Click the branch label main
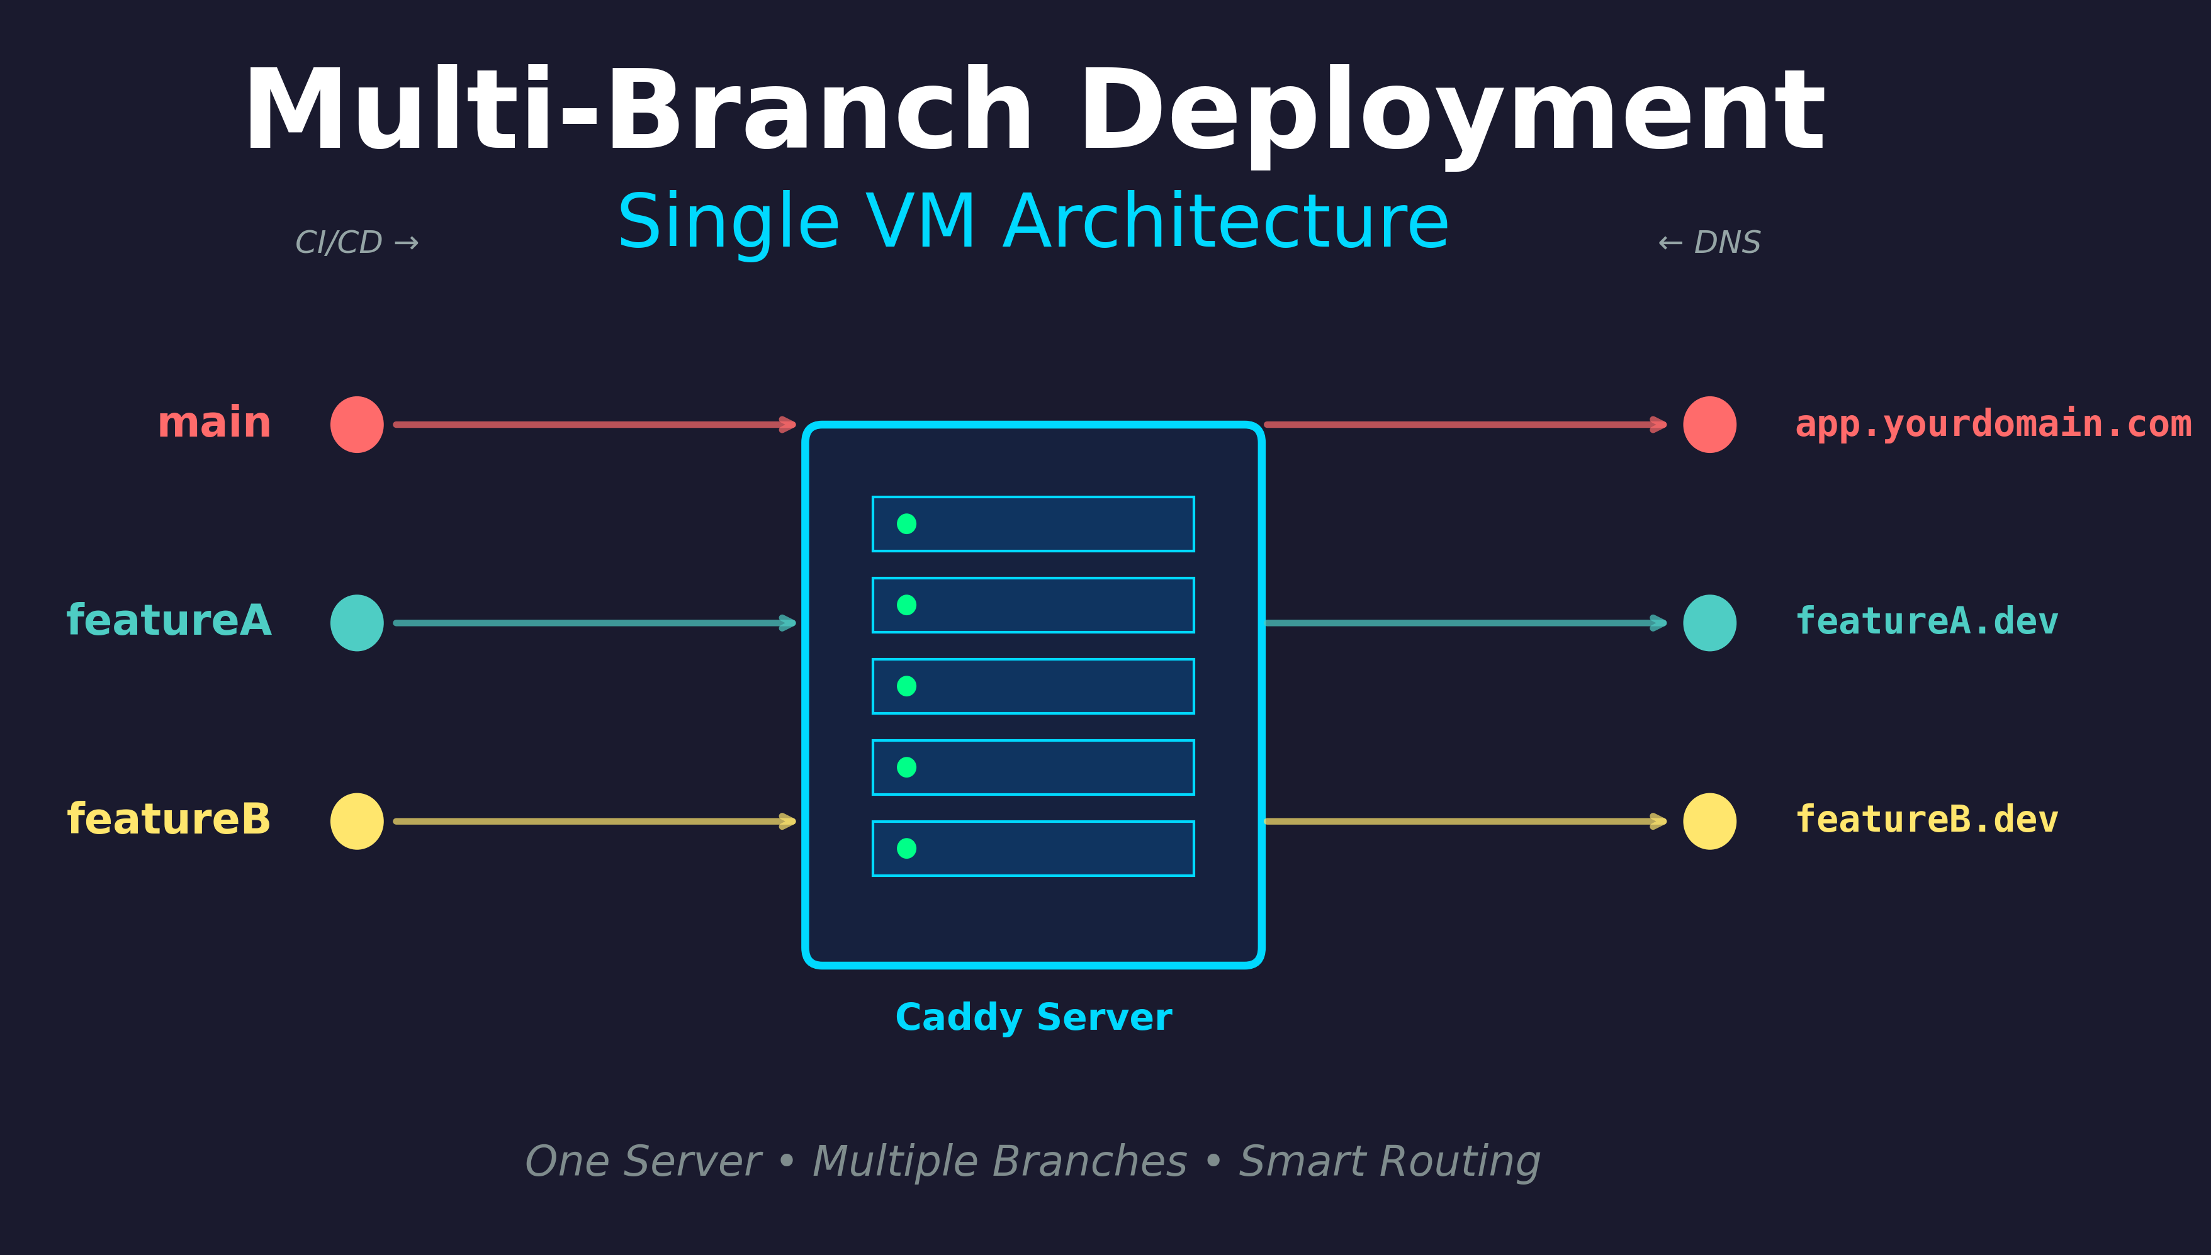(x=214, y=423)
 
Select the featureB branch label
(x=168, y=819)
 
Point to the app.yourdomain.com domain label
(x=1992, y=424)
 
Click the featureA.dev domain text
(x=1925, y=622)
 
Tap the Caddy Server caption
(x=1033, y=1017)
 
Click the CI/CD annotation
(x=356, y=242)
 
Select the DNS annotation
(x=1709, y=242)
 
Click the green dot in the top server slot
(x=906, y=523)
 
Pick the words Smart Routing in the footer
(x=1389, y=1161)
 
